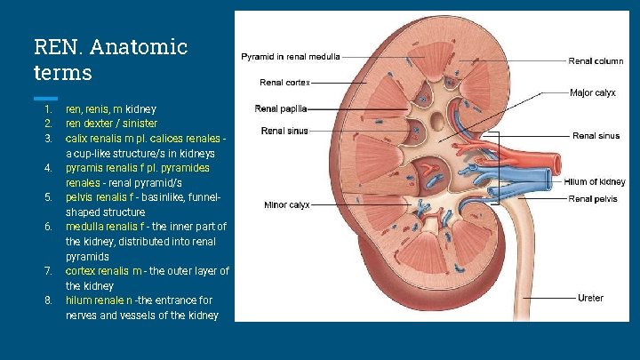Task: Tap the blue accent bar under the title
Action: [45, 97]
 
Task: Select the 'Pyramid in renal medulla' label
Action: [290, 57]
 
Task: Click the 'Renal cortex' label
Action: [284, 82]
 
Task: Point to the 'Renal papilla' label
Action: [281, 109]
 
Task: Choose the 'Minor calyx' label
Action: [287, 204]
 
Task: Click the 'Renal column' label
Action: [596, 61]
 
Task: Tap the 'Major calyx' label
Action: [593, 92]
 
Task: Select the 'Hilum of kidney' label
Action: [595, 182]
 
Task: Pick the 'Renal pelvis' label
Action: [592, 198]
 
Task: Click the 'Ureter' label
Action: [590, 297]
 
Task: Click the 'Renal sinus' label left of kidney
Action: [284, 131]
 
